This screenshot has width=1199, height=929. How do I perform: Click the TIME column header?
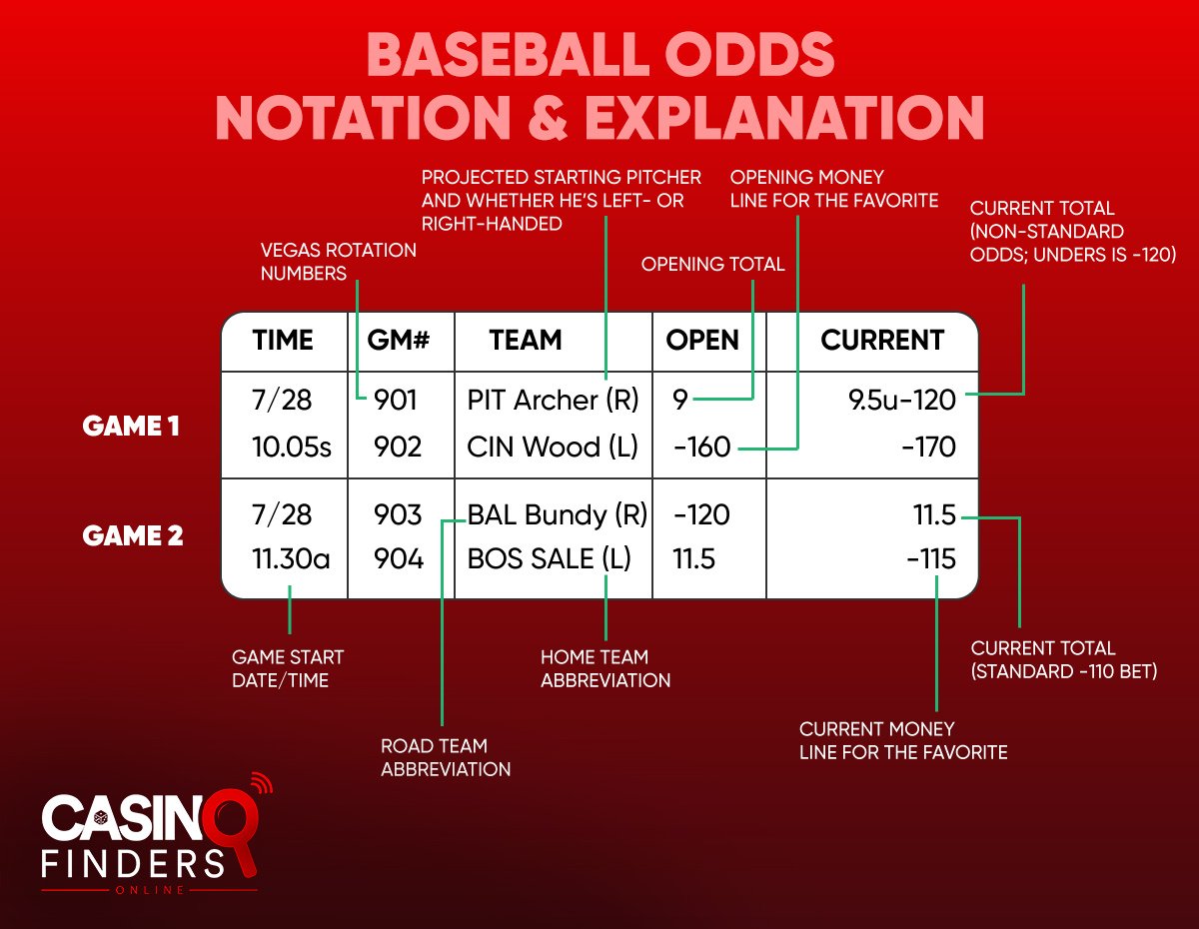coord(283,341)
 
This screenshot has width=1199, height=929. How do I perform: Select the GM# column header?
coord(400,341)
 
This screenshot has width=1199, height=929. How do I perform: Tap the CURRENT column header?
coord(881,341)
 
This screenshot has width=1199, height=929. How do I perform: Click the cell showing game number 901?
coord(396,401)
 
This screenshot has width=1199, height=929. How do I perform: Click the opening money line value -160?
coord(702,447)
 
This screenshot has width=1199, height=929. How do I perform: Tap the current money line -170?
coord(928,447)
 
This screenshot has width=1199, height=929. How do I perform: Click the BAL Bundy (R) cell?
coord(558,515)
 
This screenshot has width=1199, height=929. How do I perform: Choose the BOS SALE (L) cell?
coord(550,559)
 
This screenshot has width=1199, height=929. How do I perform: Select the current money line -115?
coord(930,559)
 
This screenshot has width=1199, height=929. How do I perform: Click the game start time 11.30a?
coord(291,559)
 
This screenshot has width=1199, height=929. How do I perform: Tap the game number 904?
coord(398,559)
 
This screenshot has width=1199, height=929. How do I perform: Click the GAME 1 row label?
coord(131,427)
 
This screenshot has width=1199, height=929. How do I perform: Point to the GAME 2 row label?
coord(133,536)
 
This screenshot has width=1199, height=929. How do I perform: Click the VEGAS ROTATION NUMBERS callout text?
coord(338,262)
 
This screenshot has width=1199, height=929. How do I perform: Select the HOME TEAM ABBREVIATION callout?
coord(604,668)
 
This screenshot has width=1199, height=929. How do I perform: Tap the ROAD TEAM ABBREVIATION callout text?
coord(446,757)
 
